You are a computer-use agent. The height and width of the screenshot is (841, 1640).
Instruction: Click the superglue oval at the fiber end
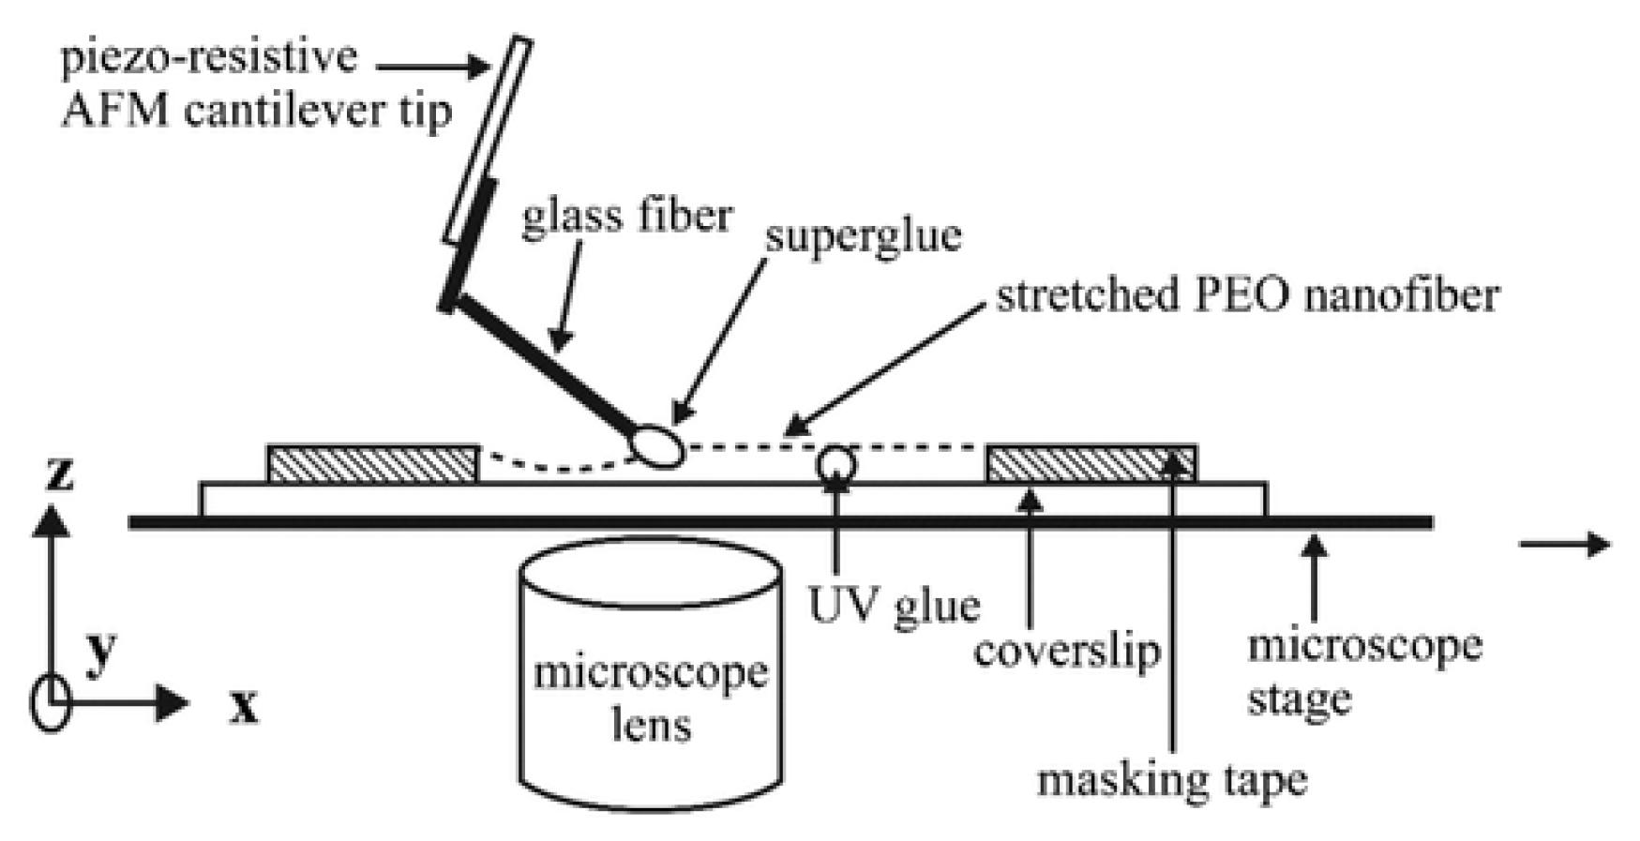pos(659,445)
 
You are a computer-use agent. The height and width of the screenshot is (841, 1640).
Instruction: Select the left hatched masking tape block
pos(373,464)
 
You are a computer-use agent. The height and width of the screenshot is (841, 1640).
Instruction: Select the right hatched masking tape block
pos(1091,463)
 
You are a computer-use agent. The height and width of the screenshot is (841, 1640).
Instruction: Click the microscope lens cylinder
pos(651,675)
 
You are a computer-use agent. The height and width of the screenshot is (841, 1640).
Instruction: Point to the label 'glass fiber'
pos(626,217)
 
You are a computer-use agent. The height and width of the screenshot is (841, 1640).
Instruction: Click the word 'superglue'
pos(863,234)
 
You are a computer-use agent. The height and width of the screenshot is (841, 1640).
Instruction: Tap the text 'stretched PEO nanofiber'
pos(1247,295)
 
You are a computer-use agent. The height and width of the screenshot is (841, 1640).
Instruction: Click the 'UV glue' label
pos(894,606)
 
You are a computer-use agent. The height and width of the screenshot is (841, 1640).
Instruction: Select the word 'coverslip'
pos(1066,649)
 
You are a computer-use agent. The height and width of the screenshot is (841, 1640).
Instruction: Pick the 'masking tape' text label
pos(1172,779)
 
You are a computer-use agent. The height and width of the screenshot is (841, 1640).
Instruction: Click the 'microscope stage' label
pos(1364,671)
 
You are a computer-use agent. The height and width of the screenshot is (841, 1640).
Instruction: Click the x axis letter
pos(244,706)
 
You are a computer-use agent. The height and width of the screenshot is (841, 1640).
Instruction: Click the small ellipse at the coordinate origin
pos(52,702)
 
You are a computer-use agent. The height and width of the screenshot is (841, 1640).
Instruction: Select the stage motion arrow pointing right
pos(1564,544)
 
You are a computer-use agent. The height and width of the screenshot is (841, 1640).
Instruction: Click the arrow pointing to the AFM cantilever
pos(433,66)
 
